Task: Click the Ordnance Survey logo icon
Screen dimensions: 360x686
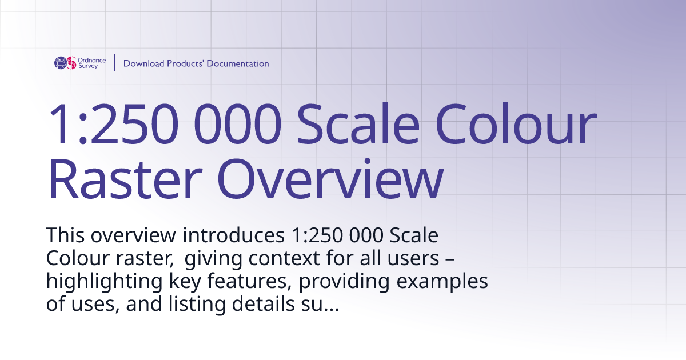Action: pyautogui.click(x=65, y=63)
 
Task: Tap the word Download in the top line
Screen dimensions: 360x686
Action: pyautogui.click(x=143, y=63)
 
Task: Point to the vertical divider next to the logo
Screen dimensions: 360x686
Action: pyautogui.click(x=115, y=63)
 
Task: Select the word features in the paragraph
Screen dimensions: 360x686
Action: pyautogui.click(x=248, y=282)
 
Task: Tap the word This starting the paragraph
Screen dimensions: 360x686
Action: pyautogui.click(x=66, y=235)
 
